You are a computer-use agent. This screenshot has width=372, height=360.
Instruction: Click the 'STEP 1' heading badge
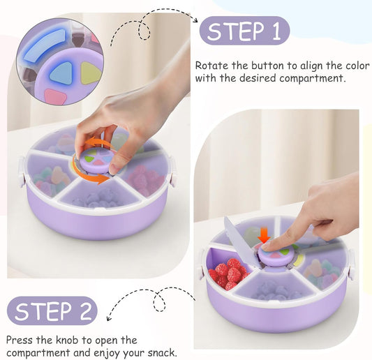(244, 31)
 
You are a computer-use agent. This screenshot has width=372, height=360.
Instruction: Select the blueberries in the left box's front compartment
(98, 199)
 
